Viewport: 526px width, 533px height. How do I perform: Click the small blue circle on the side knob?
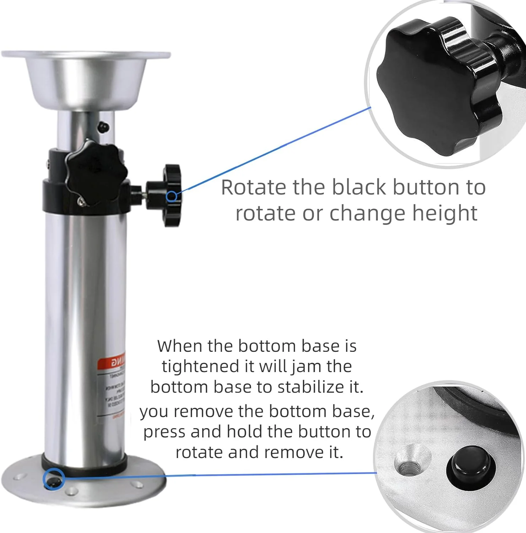pos(172,196)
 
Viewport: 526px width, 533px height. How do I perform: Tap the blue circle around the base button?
pos(53,479)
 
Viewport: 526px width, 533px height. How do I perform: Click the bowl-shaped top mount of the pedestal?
pos(85,80)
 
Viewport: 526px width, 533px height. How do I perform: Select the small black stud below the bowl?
pos(103,126)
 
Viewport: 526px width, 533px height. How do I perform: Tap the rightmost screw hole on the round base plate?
pos(137,484)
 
